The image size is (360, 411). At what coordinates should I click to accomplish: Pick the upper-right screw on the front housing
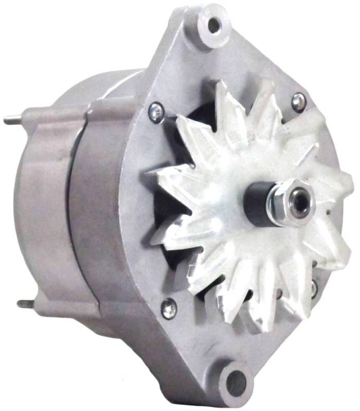point(299,101)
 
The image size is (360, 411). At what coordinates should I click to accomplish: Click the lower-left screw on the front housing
point(168,308)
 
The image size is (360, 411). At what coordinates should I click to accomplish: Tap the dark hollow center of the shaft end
point(298,202)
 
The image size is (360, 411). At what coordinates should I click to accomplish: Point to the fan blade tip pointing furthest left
point(152,239)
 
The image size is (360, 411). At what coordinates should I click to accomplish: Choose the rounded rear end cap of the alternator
point(41,206)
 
